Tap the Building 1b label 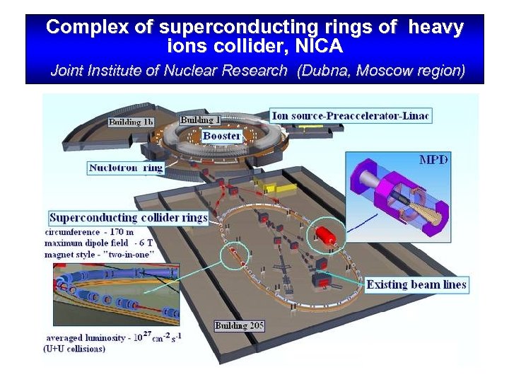coord(131,122)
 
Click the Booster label coord(221,135)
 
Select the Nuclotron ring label coord(126,168)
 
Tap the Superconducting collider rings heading coord(128,217)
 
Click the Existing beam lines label coord(416,284)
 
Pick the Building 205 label coord(240,325)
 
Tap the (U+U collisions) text coord(74,349)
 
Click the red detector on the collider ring coord(326,238)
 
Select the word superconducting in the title coord(228,28)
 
